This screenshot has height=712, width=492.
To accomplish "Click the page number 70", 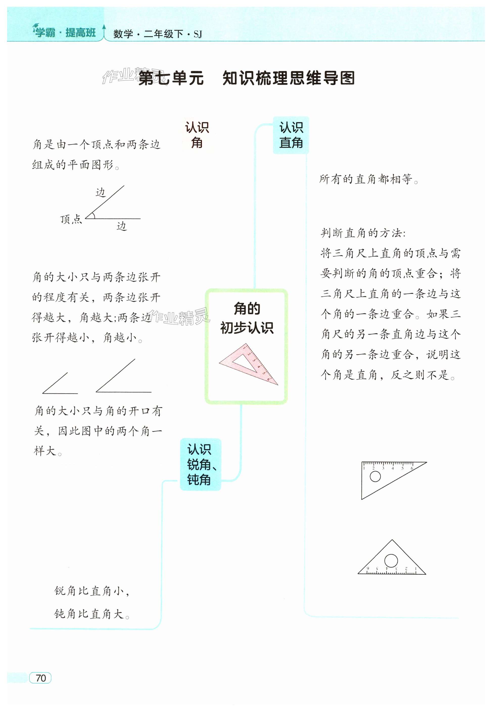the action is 40,678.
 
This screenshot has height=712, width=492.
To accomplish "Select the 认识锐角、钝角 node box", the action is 200,464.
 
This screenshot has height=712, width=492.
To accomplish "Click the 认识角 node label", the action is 197,135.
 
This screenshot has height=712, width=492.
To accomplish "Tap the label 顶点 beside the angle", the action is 71,219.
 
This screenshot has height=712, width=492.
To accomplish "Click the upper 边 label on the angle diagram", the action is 101,193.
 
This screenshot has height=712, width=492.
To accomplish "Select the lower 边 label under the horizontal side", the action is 122,226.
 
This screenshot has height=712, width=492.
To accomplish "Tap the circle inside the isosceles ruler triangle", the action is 391,560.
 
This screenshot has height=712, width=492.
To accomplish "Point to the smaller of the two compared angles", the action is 59,384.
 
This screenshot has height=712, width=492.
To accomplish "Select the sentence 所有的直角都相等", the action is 369,179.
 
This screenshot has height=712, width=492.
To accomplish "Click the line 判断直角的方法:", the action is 363,233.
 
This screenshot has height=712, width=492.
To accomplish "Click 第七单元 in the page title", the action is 171,78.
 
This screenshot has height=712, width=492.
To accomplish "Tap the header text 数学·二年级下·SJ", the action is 157,34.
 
